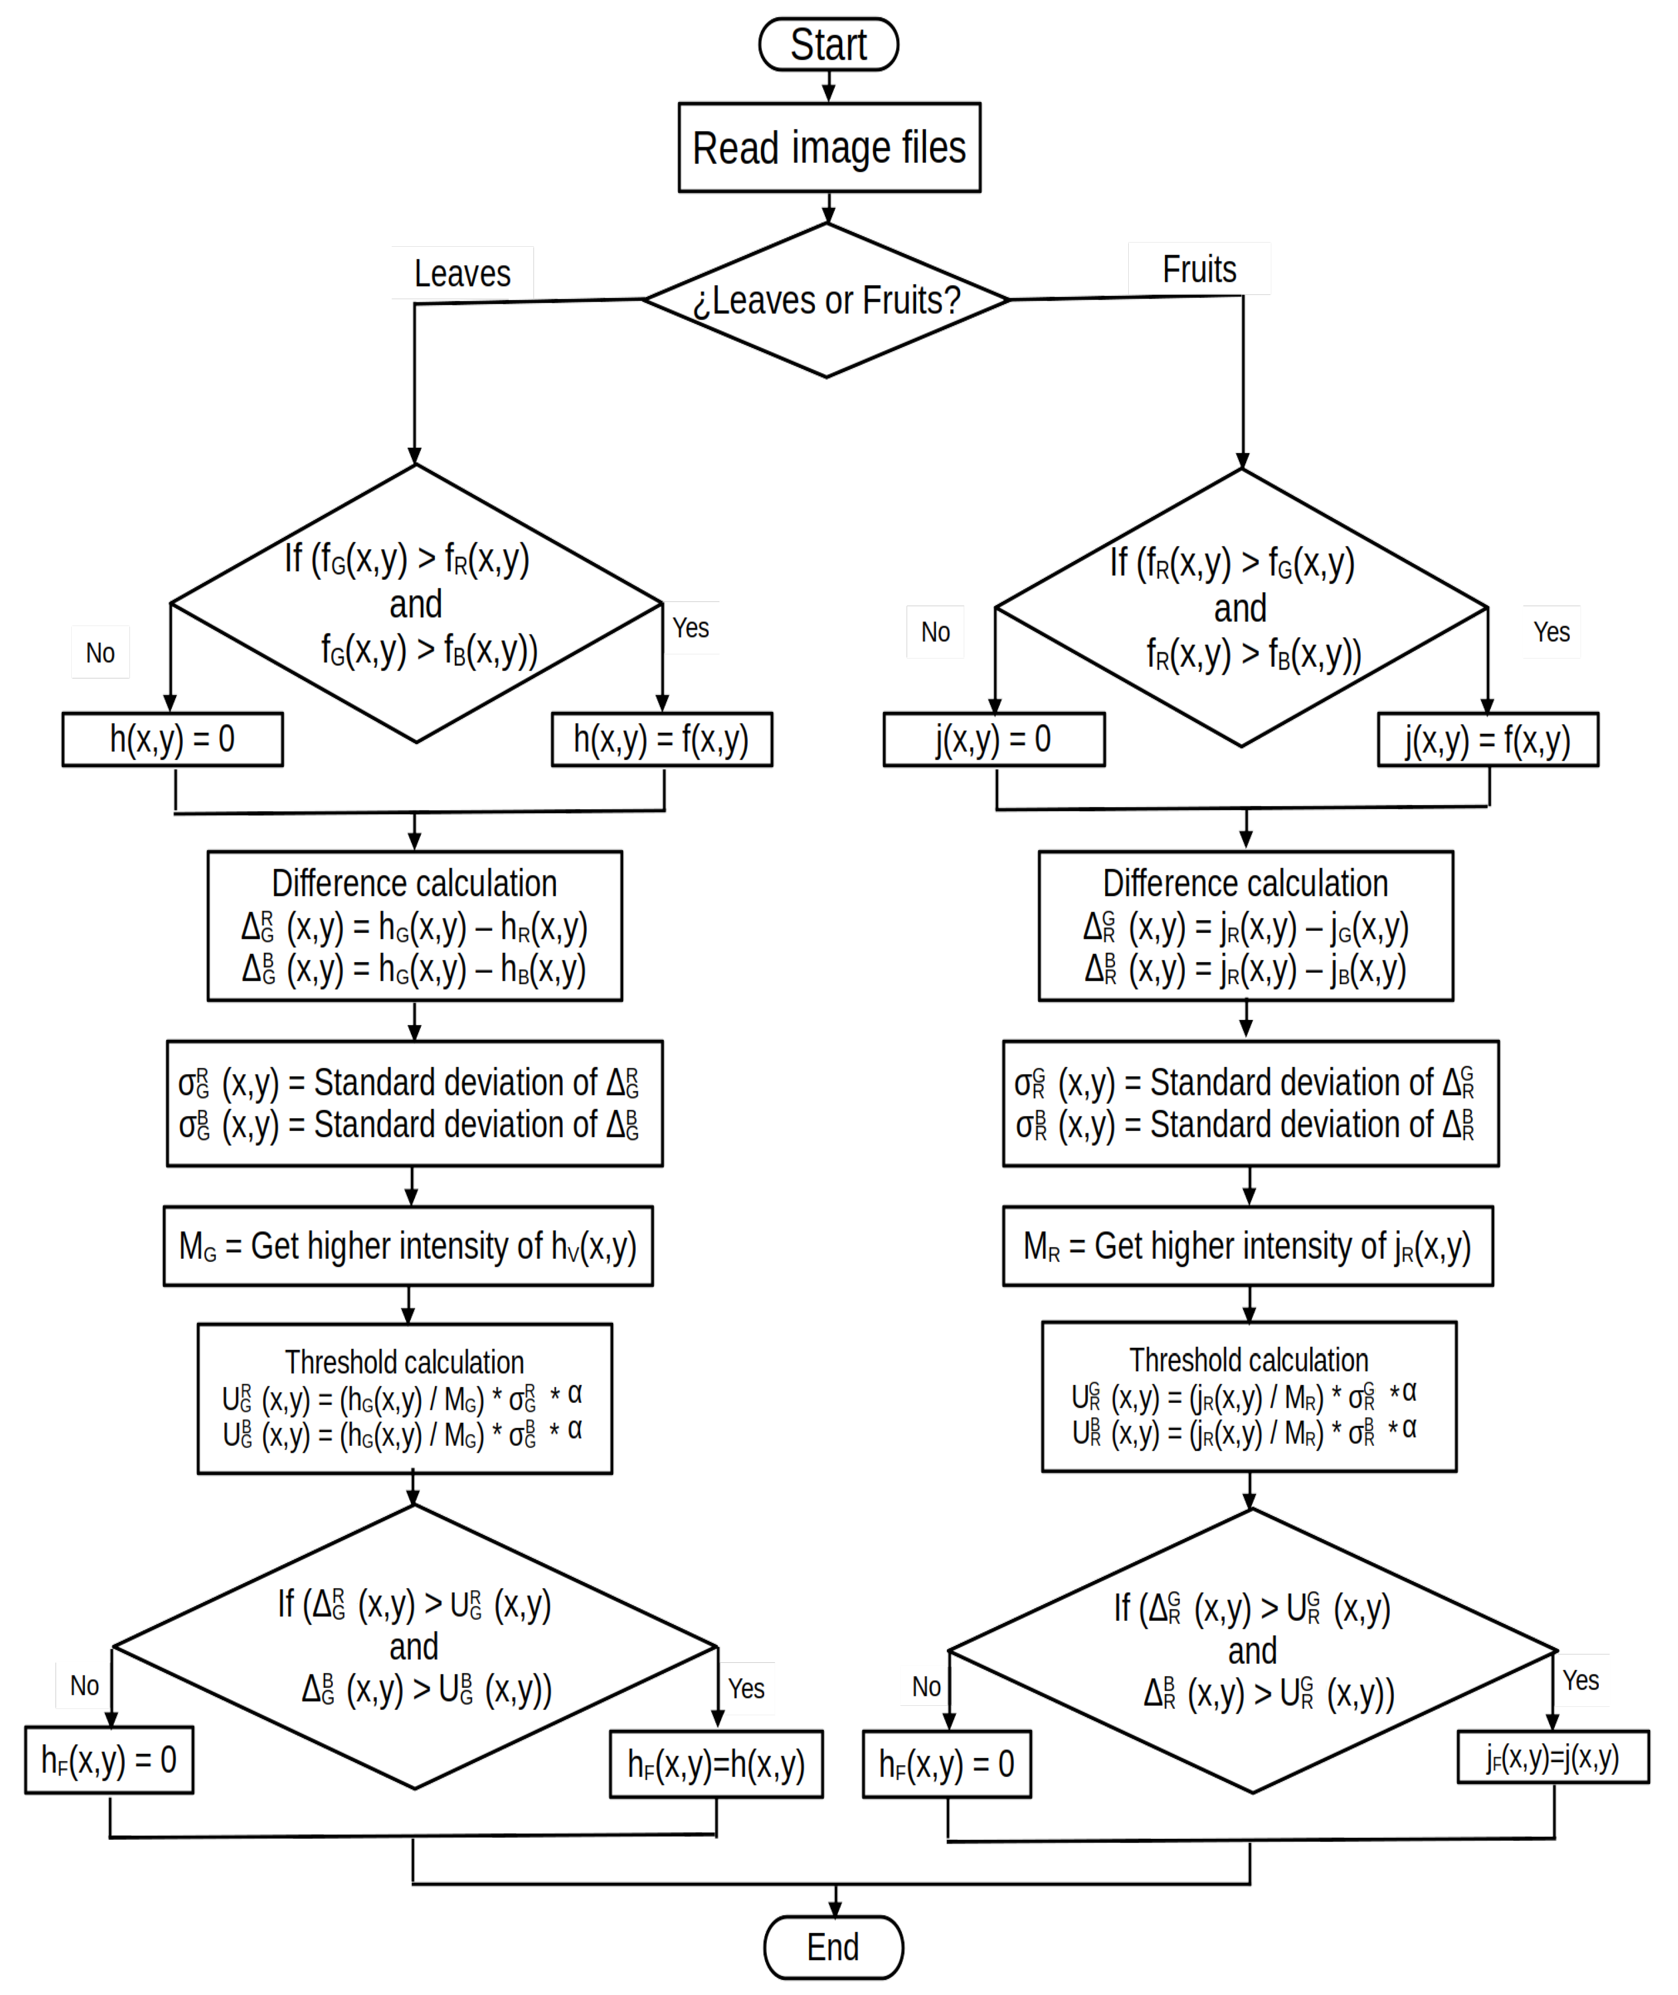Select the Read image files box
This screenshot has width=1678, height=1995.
coord(829,147)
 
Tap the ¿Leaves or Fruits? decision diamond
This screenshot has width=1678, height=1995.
coord(826,301)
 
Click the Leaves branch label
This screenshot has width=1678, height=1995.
coord(462,274)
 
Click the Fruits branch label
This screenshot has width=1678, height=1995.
coord(1198,270)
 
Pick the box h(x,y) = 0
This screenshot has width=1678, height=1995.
coord(172,739)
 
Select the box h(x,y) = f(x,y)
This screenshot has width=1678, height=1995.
coord(661,739)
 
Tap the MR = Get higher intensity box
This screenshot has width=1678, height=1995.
coord(1247,1246)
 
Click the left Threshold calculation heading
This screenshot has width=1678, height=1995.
coord(404,1362)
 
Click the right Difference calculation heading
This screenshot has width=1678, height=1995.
coord(1245,883)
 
